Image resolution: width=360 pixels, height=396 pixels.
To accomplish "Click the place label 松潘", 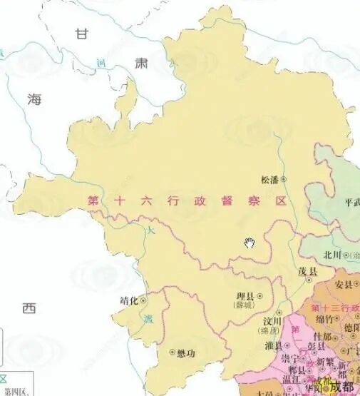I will pos(270,180).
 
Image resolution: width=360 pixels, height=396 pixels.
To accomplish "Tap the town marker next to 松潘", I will pos(283,180).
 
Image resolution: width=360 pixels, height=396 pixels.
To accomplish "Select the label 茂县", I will pos(308,272).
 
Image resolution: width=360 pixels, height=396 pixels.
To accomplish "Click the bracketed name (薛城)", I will pos(244,305).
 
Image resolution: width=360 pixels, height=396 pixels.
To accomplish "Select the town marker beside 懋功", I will pos(172,352).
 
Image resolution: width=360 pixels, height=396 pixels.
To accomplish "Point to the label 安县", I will pos(344,284).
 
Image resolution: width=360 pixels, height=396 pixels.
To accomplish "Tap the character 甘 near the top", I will pos(84,34).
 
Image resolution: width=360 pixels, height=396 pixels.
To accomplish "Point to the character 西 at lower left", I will pos(29,308).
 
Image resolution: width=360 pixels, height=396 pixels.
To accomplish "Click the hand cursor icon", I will pos(250,243).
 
